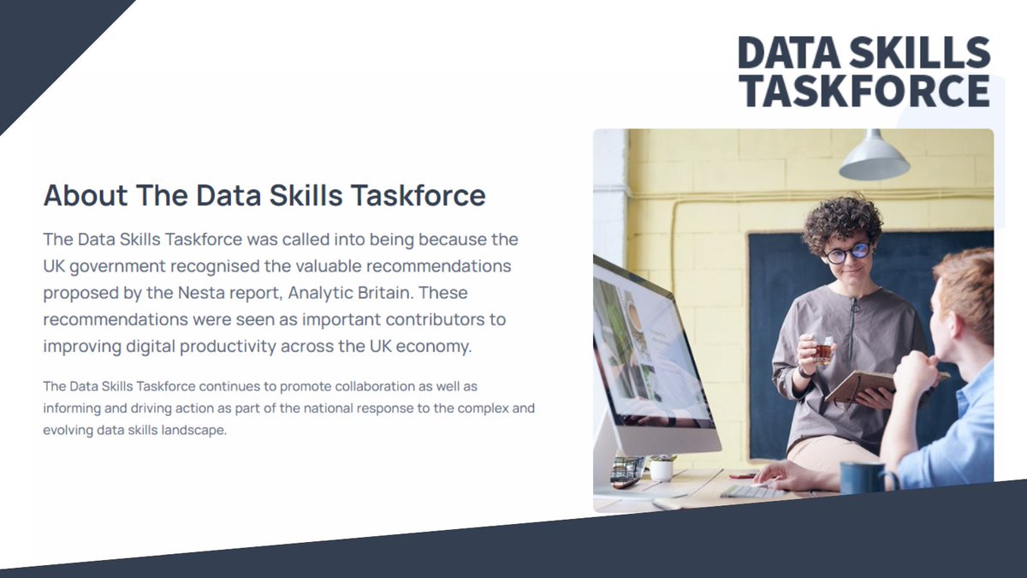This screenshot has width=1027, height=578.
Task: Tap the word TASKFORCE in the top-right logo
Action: tap(864, 91)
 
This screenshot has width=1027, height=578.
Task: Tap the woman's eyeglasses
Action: tap(847, 253)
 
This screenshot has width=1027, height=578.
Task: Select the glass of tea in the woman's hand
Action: tap(823, 349)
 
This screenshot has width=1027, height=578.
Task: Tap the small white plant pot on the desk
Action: tap(662, 468)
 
